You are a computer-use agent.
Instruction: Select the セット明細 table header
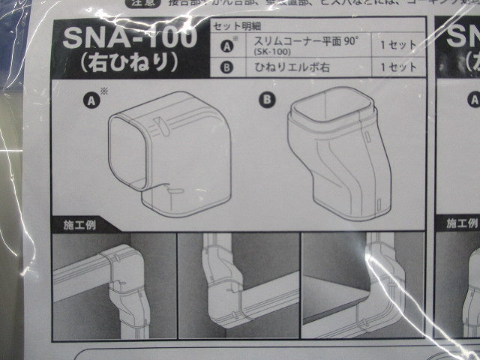(233, 26)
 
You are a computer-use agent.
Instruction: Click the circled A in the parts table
(228, 46)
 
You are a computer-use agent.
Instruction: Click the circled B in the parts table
(228, 67)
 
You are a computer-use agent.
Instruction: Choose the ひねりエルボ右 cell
(289, 67)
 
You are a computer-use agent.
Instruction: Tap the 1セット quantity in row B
(397, 67)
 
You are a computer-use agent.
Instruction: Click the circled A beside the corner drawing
(92, 98)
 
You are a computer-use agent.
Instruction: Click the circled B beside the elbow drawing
(267, 98)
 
